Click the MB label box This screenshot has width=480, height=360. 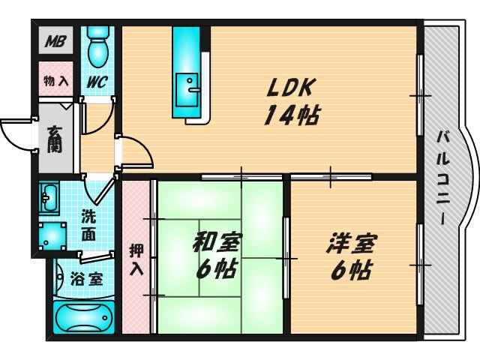tap(54, 41)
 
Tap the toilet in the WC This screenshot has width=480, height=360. tap(96, 48)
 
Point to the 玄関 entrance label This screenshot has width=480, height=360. tap(55, 139)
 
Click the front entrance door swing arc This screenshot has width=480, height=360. tap(15, 135)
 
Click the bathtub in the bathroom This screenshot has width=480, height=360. tap(84, 316)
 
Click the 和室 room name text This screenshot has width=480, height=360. tap(216, 242)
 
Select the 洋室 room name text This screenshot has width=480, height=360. tap(351, 242)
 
